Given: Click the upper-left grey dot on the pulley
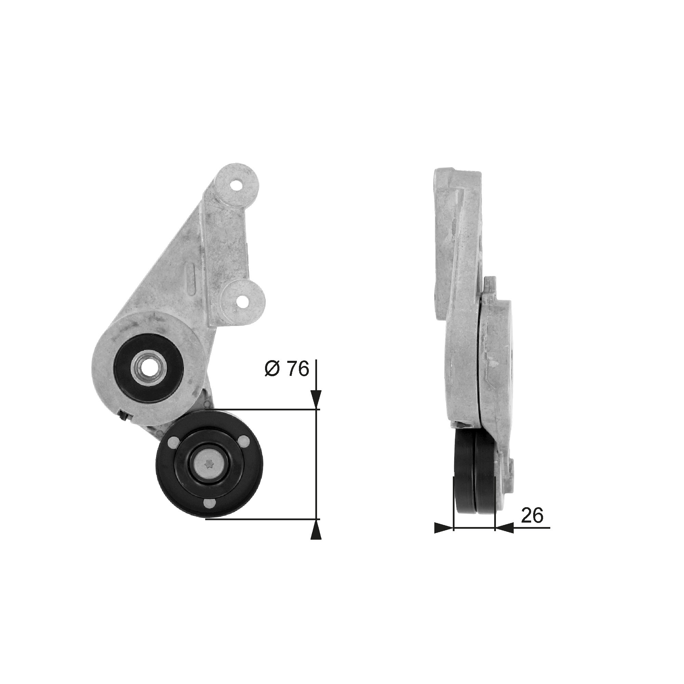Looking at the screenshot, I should [174, 440].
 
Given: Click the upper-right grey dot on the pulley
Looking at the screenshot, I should [243, 440].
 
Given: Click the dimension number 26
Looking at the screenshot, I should [532, 526].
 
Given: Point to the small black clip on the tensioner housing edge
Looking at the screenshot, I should [123, 416].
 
